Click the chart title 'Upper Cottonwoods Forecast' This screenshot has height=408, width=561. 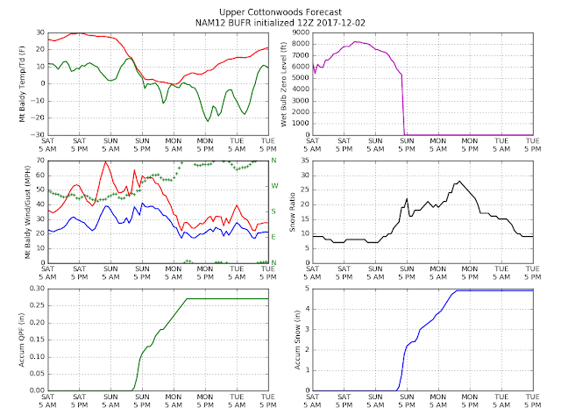tap(280, 6)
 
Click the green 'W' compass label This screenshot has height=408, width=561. tap(273, 186)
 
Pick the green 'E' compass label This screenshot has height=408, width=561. tap(273, 237)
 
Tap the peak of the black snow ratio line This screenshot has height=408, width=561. tap(459, 182)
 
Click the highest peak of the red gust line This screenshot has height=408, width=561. tap(106, 161)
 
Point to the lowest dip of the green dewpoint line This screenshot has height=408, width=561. tap(207, 120)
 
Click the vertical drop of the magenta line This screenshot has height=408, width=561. tap(403, 105)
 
